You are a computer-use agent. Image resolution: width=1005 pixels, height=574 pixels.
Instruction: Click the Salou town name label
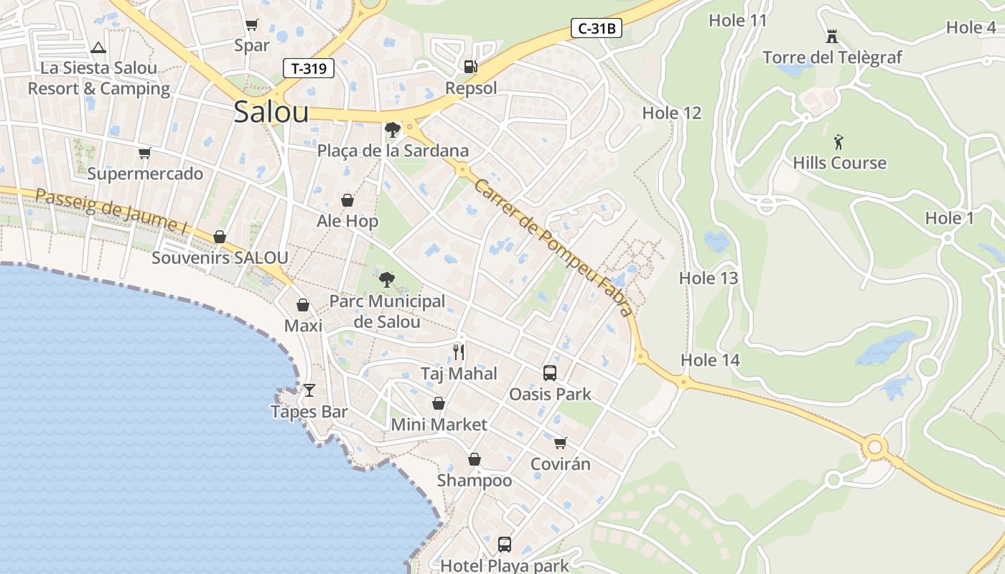tap(271, 113)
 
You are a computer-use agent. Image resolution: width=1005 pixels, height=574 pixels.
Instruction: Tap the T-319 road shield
tap(309, 69)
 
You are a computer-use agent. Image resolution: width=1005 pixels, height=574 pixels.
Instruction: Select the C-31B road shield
tap(596, 29)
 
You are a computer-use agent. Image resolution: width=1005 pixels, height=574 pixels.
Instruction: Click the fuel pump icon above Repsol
tap(470, 67)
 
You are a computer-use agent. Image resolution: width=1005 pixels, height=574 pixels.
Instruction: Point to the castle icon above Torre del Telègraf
tap(832, 36)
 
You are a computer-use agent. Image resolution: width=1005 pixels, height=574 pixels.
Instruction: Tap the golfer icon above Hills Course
tap(838, 142)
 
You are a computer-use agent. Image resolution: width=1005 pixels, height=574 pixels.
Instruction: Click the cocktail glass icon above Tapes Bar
tap(309, 390)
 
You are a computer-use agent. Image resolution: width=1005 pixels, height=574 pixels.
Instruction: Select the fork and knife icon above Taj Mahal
tap(459, 352)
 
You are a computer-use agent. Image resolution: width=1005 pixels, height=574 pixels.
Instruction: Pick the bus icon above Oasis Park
tap(550, 373)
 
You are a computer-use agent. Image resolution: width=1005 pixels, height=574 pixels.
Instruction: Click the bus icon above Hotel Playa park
tap(505, 545)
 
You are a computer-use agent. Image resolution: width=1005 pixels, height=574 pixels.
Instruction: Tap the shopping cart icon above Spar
tap(251, 25)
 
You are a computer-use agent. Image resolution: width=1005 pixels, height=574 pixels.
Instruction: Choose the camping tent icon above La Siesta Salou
tap(98, 47)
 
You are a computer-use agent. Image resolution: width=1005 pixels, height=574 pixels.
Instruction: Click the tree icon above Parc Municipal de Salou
tap(387, 280)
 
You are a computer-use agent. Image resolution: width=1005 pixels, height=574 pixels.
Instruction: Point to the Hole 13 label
tap(709, 278)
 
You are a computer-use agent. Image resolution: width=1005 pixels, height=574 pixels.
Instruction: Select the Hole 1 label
tap(949, 218)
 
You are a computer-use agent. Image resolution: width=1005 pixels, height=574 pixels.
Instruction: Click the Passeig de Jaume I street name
tap(111, 211)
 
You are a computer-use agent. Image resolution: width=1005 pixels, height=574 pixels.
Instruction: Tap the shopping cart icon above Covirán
tap(560, 443)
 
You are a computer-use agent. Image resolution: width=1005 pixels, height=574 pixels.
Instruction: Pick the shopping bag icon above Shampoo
tap(475, 459)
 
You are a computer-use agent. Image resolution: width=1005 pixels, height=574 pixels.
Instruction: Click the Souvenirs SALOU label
tap(220, 258)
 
